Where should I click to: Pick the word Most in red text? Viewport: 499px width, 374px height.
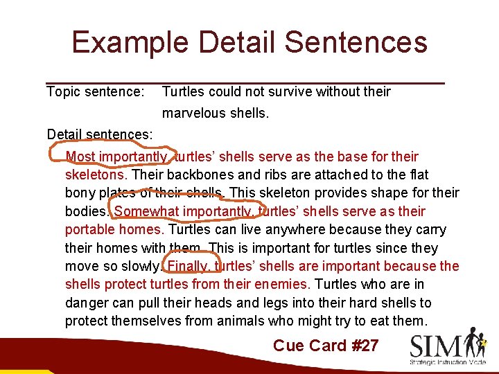80,157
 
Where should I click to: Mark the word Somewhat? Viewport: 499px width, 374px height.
145,211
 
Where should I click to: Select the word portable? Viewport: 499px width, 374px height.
88,229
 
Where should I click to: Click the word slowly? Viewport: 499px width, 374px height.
140,266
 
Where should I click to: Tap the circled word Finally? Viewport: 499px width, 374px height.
187,266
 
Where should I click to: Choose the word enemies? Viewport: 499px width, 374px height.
283,284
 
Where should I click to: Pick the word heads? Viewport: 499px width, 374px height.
254,303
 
